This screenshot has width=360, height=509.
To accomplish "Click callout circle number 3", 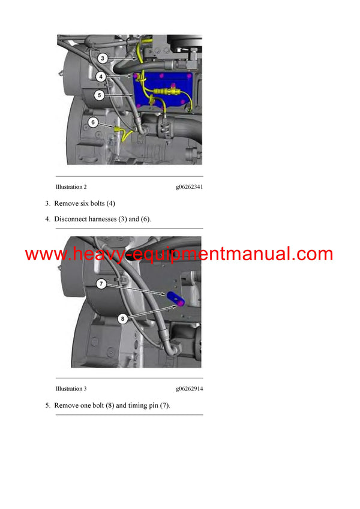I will click(103, 58).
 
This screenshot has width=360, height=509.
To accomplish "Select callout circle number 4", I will click(103, 77).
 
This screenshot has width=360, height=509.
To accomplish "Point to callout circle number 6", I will click(92, 122).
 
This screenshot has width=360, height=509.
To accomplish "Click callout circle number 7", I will click(103, 282).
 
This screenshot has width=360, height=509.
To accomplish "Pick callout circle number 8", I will click(122, 319).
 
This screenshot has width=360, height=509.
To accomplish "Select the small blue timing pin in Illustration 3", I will click(176, 298).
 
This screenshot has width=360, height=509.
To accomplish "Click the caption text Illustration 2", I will click(71, 187).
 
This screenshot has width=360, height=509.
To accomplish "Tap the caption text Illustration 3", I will click(71, 389).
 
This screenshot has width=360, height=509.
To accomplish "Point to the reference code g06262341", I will click(189, 187).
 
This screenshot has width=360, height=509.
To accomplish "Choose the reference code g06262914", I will click(189, 389).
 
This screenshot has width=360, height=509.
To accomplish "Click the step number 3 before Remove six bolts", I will click(47, 203).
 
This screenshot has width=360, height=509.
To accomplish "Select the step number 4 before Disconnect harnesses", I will click(47, 219).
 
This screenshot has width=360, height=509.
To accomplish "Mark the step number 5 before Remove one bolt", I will click(47, 405).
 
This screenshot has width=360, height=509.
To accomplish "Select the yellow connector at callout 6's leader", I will click(121, 128).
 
